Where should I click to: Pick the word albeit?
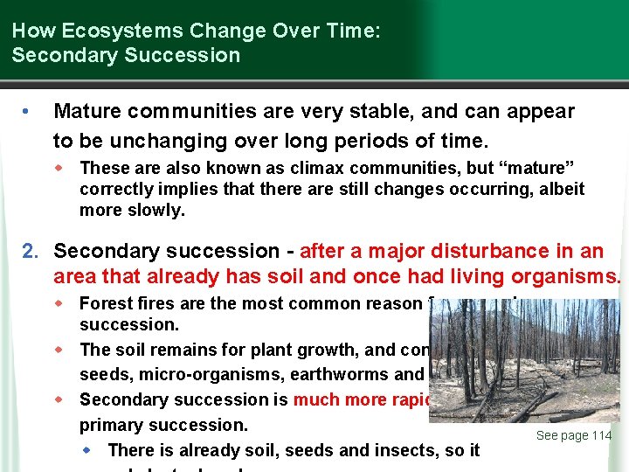tap(559, 190)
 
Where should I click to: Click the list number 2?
tap(29, 252)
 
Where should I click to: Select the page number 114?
tap(599, 436)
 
